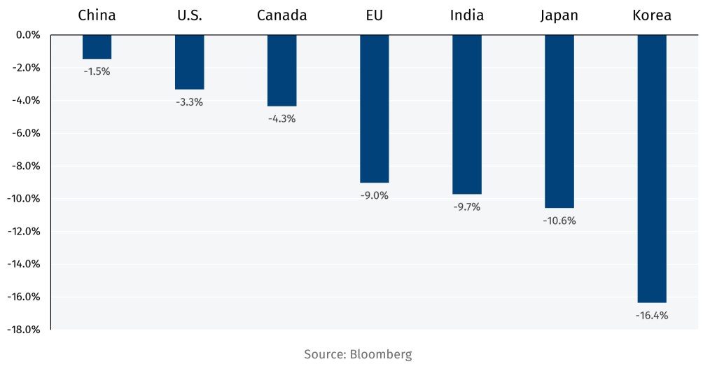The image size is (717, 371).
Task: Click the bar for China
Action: click(97, 47)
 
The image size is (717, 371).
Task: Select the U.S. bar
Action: click(189, 62)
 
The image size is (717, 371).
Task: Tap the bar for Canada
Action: click(281, 70)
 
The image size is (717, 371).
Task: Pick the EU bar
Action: click(374, 108)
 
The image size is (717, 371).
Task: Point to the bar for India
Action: click(466, 114)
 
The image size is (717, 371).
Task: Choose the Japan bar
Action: click(559, 121)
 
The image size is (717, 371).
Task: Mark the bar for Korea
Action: click(651, 169)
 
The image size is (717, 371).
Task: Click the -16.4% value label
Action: click(651, 316)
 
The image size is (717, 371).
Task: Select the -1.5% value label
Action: click(97, 71)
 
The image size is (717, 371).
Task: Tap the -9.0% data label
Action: click(374, 195)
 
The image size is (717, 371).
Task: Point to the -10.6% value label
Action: click(559, 220)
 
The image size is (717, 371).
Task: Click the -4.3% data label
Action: click(281, 118)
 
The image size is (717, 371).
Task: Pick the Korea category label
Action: click(651, 15)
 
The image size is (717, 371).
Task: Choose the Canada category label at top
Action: click(281, 15)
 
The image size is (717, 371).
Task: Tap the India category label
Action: click(466, 15)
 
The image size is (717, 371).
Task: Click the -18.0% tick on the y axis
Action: click(24, 330)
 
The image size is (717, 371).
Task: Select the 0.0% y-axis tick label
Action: click(27, 35)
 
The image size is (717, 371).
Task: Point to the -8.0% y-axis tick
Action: click(25, 166)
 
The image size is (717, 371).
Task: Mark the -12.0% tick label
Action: click(24, 232)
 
